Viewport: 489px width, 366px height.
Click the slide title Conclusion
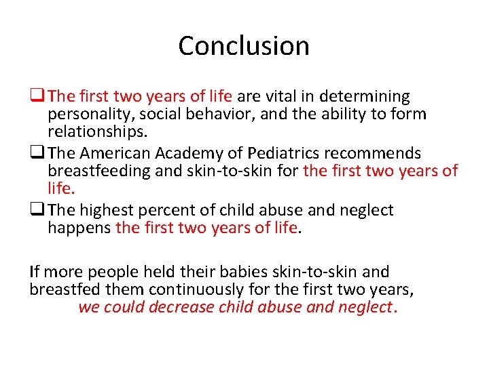pos(244,46)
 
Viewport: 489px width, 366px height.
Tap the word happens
pos(79,227)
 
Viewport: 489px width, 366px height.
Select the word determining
pos(369,97)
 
